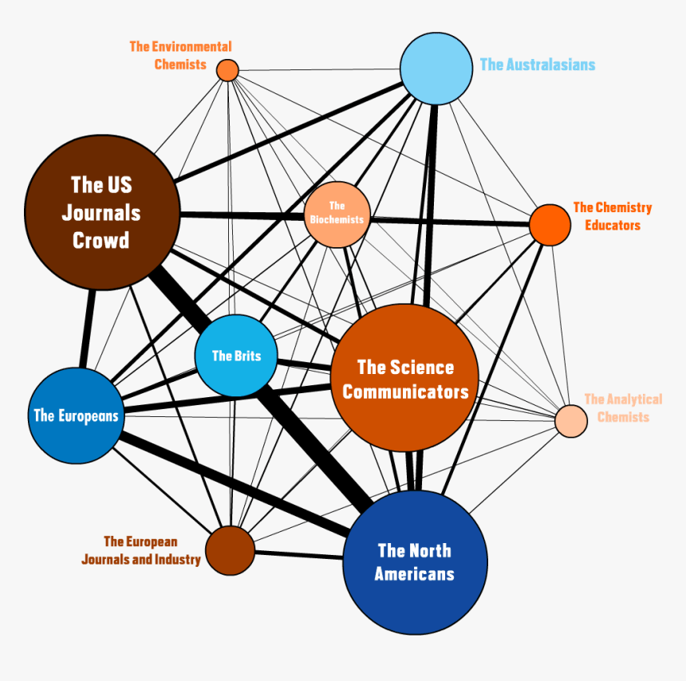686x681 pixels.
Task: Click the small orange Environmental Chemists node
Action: click(227, 70)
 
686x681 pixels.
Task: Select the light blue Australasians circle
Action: click(436, 69)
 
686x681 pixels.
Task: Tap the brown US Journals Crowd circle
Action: click(101, 212)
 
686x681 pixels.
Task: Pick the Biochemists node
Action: click(337, 214)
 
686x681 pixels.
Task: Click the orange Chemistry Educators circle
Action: click(550, 225)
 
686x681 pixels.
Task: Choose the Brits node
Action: click(236, 356)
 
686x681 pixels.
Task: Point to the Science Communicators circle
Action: click(404, 378)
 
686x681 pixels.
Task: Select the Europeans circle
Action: click(76, 415)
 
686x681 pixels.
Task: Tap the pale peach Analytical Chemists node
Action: click(570, 421)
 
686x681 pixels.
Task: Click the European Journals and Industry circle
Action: click(230, 550)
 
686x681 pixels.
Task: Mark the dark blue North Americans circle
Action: click(415, 561)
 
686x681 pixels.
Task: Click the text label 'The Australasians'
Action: click(537, 65)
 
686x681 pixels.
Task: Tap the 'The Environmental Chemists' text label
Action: click(181, 56)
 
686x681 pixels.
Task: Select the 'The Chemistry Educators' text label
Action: click(612, 216)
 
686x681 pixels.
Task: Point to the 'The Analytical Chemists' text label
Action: click(623, 407)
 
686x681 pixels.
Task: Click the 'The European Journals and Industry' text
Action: click(141, 551)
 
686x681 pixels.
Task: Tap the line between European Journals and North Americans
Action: click(299, 553)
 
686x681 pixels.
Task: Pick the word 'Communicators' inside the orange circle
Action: click(405, 392)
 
